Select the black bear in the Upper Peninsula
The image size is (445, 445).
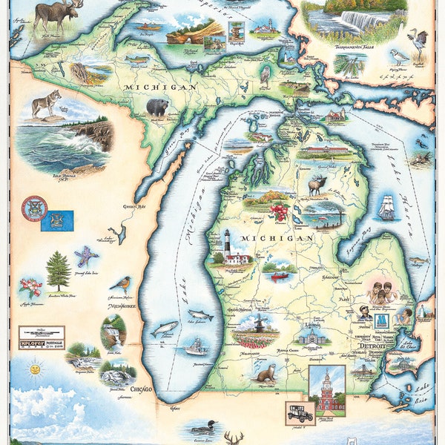[156, 108]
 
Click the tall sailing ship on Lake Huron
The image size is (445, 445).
[386, 208]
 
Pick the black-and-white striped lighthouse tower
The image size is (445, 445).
[228, 245]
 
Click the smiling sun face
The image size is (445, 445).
[34, 369]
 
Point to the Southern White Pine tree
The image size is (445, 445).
[58, 271]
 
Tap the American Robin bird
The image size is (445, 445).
[120, 283]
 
